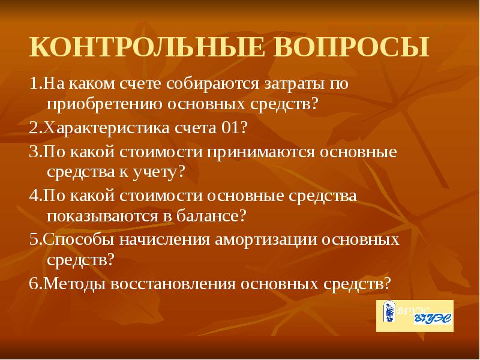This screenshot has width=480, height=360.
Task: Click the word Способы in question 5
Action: click(73, 239)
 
